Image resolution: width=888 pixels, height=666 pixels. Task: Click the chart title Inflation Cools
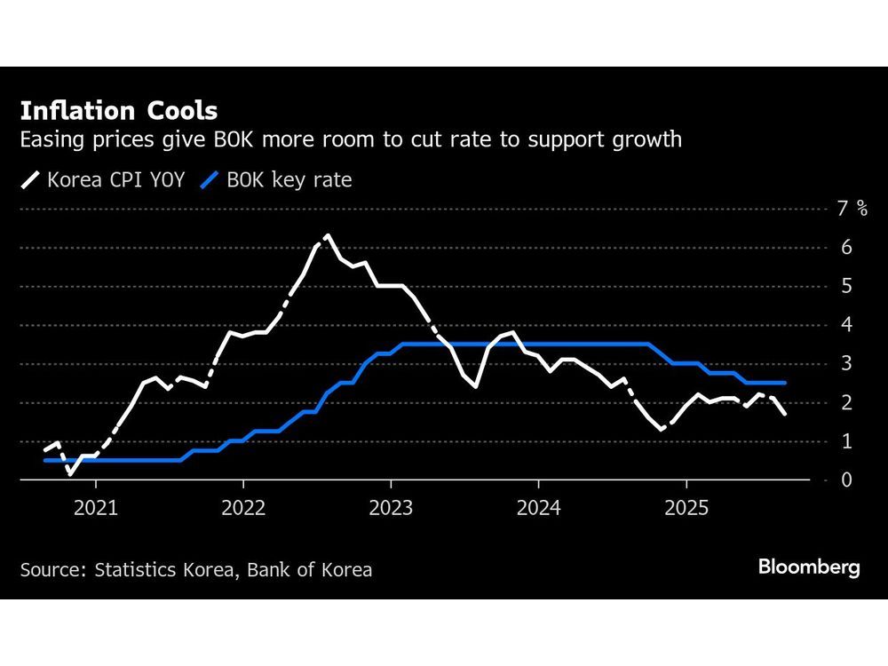pos(118,111)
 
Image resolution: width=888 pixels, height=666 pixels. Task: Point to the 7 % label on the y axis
pos(852,209)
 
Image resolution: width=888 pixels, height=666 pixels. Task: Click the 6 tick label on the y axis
pos(845,247)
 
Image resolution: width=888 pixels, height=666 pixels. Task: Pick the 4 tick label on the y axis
pos(845,325)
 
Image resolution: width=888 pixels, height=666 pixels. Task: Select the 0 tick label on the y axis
pos(845,480)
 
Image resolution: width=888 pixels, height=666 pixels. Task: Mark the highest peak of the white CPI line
pos(329,235)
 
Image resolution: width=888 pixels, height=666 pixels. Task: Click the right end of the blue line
pos(785,383)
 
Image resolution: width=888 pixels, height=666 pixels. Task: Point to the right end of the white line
pos(785,414)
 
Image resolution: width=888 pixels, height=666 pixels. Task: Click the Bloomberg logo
pos(809,567)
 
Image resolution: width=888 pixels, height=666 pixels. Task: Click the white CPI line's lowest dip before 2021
pos(70,474)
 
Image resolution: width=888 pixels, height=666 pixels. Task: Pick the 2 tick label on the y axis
pos(845,402)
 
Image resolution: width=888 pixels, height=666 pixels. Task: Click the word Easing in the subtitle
pos(51,139)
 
